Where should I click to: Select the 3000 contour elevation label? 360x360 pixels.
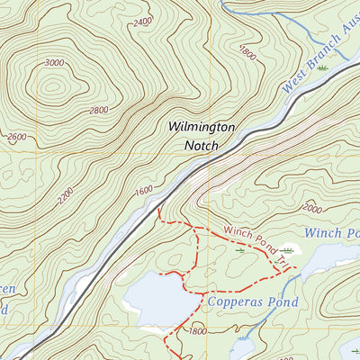54,63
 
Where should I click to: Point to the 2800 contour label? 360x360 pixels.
99,110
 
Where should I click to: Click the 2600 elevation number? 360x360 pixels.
17,138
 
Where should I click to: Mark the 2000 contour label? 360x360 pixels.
311,208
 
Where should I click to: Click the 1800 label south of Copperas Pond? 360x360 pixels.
198,331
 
